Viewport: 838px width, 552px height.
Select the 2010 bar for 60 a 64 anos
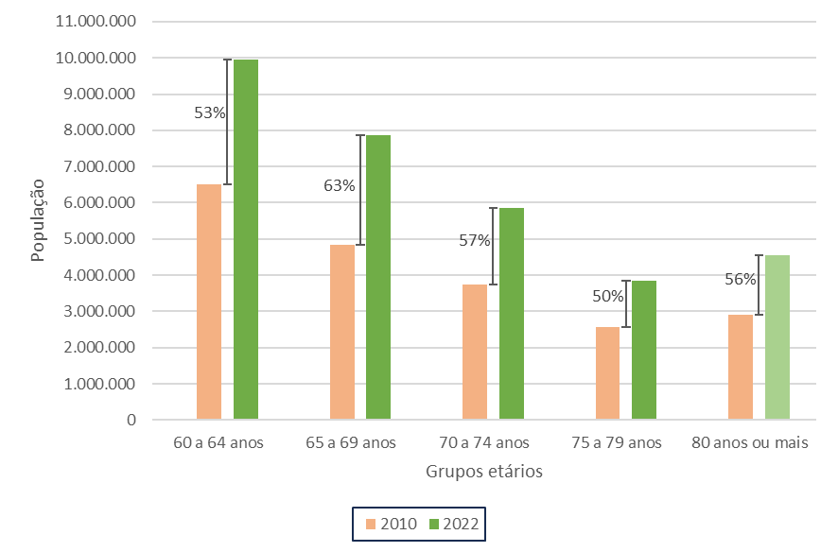tap(209, 302)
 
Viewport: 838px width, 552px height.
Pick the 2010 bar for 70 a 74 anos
tap(475, 352)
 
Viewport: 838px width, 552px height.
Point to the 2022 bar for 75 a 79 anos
tap(644, 350)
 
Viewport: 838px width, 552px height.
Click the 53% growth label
tap(210, 113)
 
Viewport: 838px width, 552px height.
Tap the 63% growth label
tap(340, 185)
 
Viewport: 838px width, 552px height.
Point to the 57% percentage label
tap(475, 240)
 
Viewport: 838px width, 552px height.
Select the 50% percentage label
tap(608, 296)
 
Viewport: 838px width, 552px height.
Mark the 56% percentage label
tap(741, 279)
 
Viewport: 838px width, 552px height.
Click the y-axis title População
tap(38, 220)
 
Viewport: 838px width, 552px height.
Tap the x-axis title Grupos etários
tap(483, 472)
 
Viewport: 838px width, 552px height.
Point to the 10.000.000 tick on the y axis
tap(96, 58)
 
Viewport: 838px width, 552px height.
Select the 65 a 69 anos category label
tap(351, 442)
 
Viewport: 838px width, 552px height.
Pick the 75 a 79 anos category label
tap(617, 442)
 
